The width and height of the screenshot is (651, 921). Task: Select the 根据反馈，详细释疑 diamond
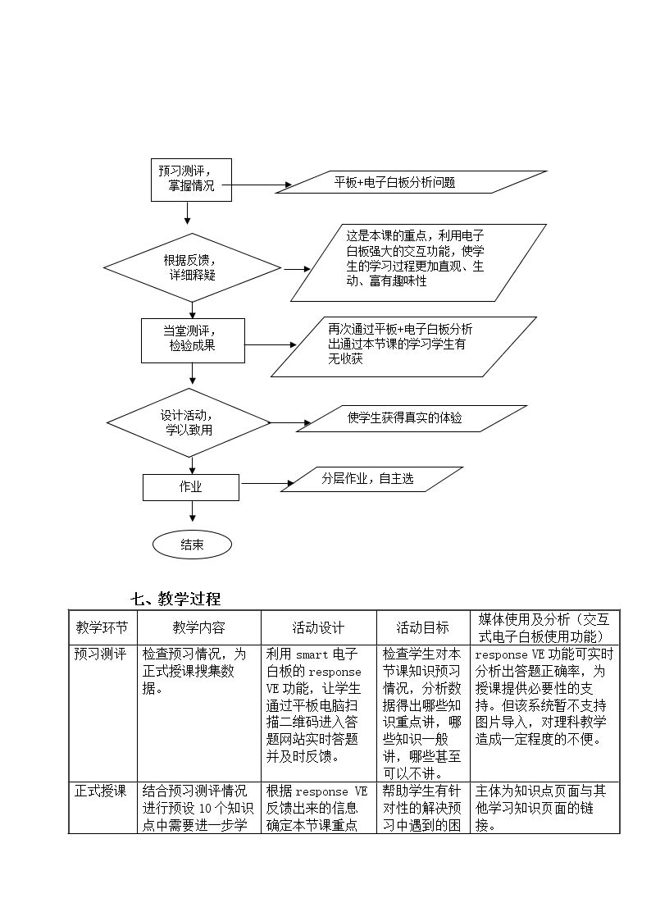pyautogui.click(x=193, y=268)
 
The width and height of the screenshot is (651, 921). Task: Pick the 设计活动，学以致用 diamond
pyautogui.click(x=189, y=423)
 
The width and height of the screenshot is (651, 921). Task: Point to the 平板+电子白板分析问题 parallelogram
pyautogui.click(x=411, y=182)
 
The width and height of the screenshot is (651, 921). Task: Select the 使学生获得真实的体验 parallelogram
pyautogui.click(x=412, y=418)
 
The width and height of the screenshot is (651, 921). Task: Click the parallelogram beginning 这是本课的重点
pyautogui.click(x=418, y=262)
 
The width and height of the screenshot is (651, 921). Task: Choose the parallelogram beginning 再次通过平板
pyautogui.click(x=404, y=347)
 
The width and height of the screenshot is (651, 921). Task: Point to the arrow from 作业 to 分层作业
pyautogui.click(x=267, y=484)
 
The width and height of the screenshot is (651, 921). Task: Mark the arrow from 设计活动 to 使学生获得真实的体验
pyautogui.click(x=290, y=423)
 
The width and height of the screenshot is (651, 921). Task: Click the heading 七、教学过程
pyautogui.click(x=175, y=599)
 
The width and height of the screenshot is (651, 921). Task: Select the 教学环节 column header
pyautogui.click(x=102, y=627)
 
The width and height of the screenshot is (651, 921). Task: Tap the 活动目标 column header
pyautogui.click(x=422, y=627)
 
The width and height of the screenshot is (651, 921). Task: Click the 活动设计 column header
pyautogui.click(x=318, y=627)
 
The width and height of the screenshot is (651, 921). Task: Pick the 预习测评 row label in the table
pyautogui.click(x=100, y=654)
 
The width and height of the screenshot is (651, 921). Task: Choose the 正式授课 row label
pyautogui.click(x=100, y=791)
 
